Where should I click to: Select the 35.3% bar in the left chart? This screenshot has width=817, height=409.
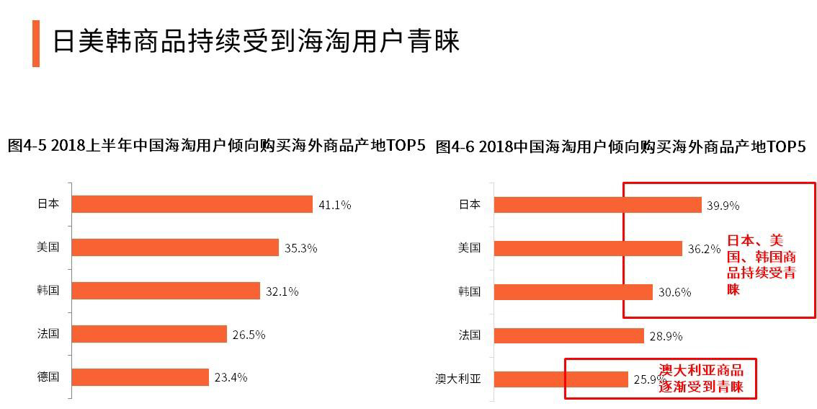175,247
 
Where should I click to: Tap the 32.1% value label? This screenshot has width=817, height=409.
282,291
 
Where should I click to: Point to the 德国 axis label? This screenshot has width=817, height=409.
48,377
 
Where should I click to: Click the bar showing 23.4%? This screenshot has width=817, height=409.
140,377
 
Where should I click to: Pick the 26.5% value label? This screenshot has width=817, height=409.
249,335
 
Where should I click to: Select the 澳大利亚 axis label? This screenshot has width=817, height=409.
457,379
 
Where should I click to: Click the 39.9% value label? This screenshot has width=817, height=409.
723,206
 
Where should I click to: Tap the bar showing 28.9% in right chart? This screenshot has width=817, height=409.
569,335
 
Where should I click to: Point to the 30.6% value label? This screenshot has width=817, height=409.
674,292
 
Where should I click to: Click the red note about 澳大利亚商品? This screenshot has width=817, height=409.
701,379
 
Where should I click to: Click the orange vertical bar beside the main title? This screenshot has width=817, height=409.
36,43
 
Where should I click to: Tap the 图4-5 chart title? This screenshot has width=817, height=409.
216,146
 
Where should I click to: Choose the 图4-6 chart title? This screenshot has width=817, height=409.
620,146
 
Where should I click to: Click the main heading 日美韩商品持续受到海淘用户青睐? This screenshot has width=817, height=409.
256,42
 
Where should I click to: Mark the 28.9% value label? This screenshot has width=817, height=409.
666,335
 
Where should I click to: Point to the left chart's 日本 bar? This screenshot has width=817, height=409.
192,204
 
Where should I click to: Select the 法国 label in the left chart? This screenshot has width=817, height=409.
48,334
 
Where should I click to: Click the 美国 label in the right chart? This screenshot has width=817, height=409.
470,248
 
